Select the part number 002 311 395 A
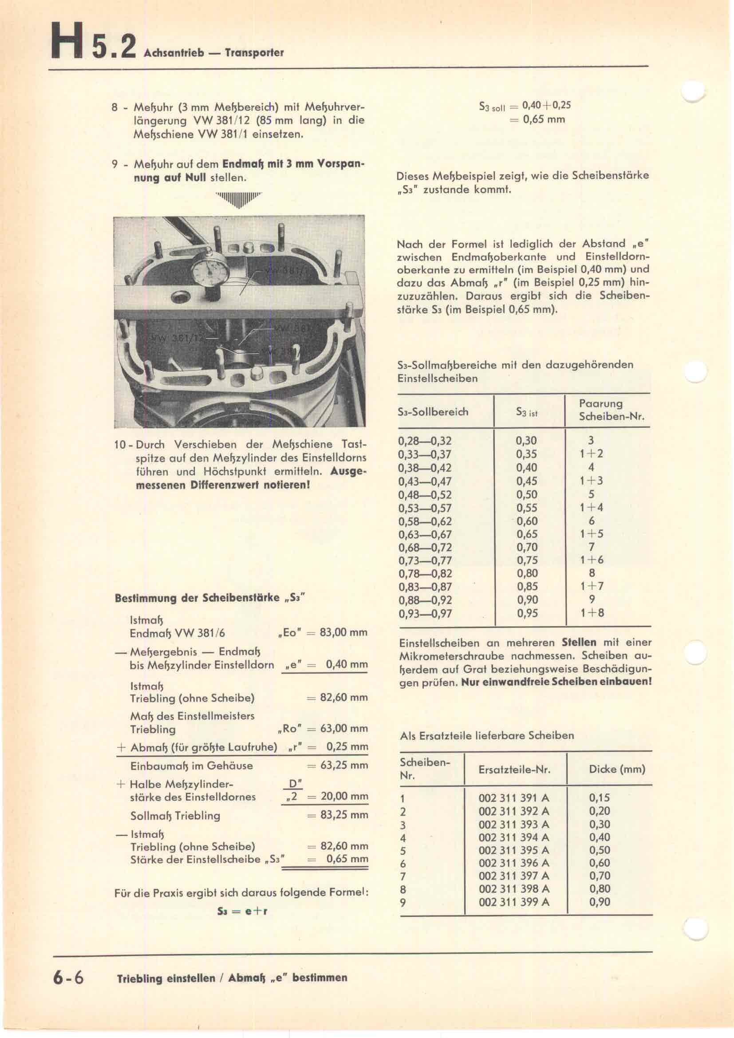[x=514, y=850]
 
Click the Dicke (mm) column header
[x=617, y=769]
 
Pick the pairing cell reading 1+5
[x=592, y=534]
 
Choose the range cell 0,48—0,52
[x=425, y=494]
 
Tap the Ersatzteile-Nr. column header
[x=514, y=769]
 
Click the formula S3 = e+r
[x=242, y=911]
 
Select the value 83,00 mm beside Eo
[x=343, y=632]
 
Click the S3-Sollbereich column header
[x=433, y=412]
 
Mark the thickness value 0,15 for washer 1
[x=599, y=798]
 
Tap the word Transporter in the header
[x=254, y=53]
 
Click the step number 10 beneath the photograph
[x=120, y=445]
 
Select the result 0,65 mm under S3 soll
[x=544, y=119]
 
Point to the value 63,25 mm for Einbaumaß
[x=344, y=766]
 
